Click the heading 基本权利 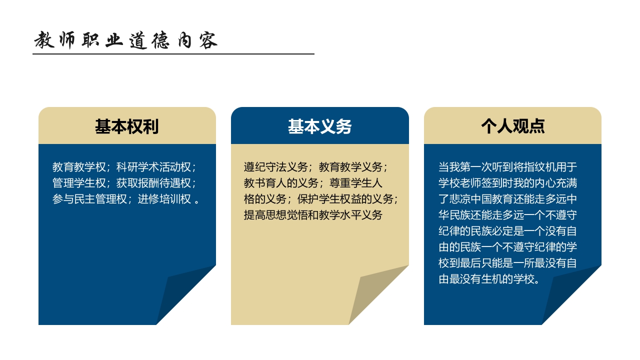click(x=126, y=126)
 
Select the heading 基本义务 click(x=319, y=126)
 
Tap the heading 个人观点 click(x=512, y=126)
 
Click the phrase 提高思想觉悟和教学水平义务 click(x=313, y=215)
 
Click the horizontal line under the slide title click(x=173, y=53)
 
